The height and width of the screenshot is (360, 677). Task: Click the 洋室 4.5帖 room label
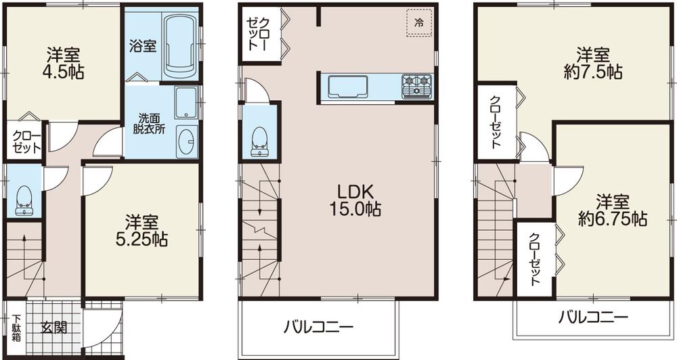click(x=66, y=63)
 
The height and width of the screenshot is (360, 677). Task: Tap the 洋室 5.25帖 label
click(x=141, y=230)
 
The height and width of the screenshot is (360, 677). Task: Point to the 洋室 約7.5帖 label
click(x=595, y=62)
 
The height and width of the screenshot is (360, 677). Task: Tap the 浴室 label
click(x=143, y=46)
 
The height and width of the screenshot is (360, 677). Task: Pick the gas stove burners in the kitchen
click(x=417, y=85)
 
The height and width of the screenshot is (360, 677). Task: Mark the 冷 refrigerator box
click(x=419, y=22)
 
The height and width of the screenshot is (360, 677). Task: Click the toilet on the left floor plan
click(x=23, y=197)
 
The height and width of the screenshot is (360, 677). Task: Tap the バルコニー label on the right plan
click(x=594, y=317)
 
